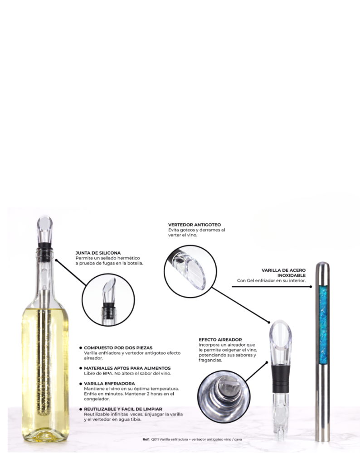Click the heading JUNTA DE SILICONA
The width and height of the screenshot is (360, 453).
point(98,253)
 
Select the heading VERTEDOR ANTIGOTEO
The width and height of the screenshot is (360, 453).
point(195,225)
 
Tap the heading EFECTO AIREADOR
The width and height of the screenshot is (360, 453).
point(220,340)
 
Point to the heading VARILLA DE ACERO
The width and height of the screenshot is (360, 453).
point(283,270)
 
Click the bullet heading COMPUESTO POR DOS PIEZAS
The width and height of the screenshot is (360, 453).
point(118,348)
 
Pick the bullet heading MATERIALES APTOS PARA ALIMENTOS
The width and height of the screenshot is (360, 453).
point(127,368)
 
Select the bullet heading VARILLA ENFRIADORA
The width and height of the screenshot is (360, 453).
point(109,384)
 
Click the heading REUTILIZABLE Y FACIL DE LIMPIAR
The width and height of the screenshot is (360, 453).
point(123,409)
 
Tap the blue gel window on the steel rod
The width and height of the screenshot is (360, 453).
point(323,324)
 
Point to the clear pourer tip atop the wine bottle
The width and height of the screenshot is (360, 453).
point(44,229)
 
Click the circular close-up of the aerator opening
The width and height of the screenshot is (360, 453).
point(224,396)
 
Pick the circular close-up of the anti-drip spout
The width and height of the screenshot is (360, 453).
point(190,271)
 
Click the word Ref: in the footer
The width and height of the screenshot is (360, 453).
point(146,439)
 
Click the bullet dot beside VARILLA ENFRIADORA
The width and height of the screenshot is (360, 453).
point(81,384)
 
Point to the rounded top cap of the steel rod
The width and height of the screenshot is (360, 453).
point(322,266)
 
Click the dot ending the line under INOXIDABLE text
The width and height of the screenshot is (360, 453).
point(311,287)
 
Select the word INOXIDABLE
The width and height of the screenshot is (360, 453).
point(292,275)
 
